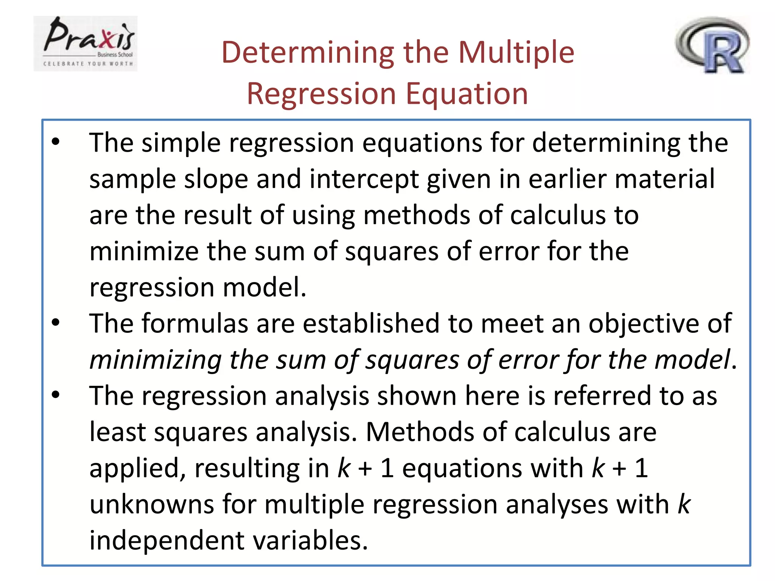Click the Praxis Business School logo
coord(86,43)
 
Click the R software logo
coord(712,45)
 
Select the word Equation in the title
coord(467,94)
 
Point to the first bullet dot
coord(56,142)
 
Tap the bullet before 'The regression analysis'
coord(56,395)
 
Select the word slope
coord(216,179)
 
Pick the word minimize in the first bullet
coord(144,251)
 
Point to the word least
coord(117,432)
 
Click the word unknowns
coord(152,504)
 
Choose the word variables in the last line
coord(310,540)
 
